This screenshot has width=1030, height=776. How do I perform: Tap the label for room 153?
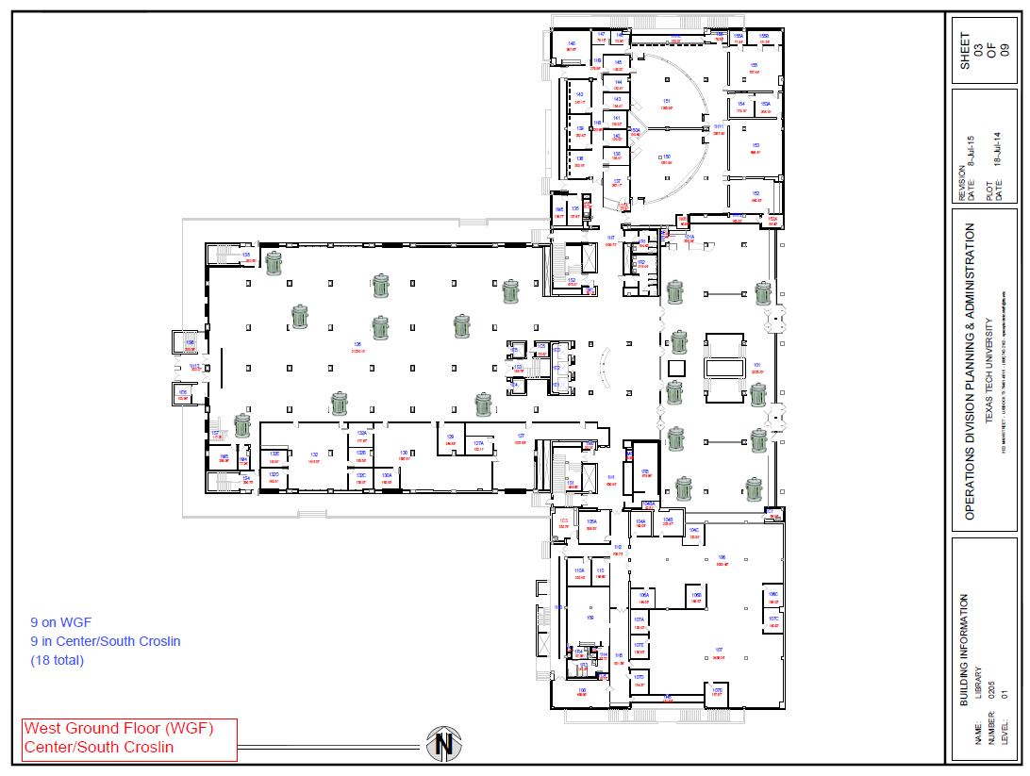click(756, 145)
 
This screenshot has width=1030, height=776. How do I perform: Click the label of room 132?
click(313, 454)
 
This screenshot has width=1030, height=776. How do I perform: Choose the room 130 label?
click(404, 454)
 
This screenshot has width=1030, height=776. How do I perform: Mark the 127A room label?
click(478, 442)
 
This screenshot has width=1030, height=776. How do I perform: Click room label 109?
click(590, 618)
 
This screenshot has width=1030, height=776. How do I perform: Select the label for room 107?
click(719, 650)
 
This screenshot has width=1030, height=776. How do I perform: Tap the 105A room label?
click(591, 521)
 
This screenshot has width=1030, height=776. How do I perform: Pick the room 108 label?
click(581, 690)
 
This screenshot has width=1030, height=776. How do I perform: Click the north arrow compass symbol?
click(444, 744)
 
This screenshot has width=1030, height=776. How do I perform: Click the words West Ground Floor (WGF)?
click(119, 728)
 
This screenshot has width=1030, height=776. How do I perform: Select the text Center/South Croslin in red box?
click(99, 748)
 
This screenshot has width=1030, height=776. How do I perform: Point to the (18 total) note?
click(58, 660)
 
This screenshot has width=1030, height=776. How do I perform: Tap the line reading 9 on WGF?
click(60, 622)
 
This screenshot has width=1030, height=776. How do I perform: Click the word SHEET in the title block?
click(964, 52)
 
